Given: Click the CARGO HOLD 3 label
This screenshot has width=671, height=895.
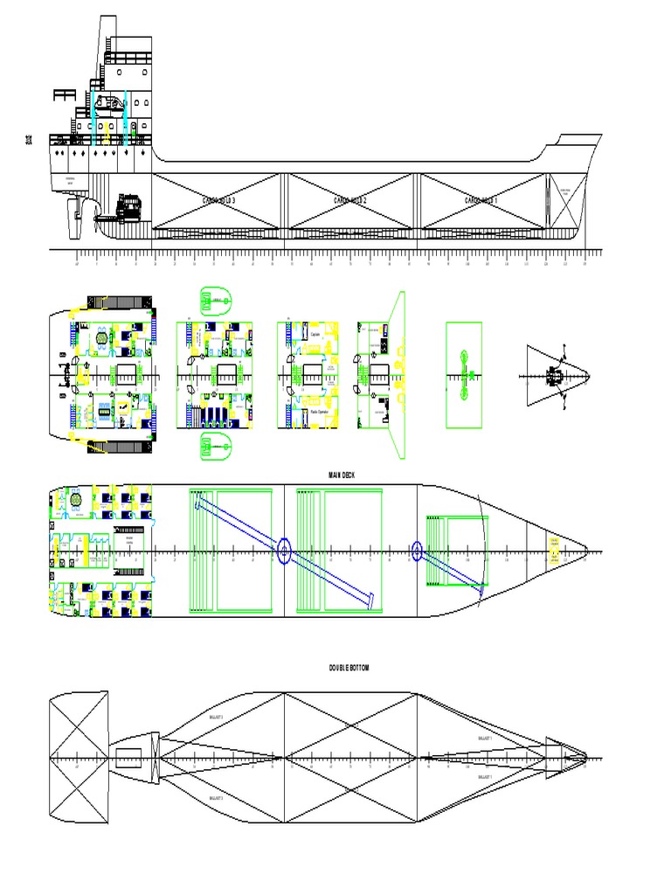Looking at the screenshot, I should point(219,201).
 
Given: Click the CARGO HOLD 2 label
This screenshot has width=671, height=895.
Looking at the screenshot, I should point(350,201).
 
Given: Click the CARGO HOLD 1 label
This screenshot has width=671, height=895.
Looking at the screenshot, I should point(481,201).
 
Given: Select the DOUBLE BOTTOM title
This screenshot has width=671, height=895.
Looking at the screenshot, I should point(349,668).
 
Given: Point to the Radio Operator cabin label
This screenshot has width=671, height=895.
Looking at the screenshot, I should point(319,411).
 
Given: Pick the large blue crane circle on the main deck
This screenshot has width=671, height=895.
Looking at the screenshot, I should point(284,551).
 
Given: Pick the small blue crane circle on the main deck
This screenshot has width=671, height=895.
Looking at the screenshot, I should point(416,551).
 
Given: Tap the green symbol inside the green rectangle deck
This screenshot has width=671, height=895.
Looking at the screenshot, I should point(464,375).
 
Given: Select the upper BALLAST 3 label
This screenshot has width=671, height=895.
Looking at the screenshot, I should point(216,716).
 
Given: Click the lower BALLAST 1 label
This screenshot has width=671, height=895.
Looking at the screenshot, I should point(485,776).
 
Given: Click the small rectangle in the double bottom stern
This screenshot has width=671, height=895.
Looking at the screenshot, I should point(128,757).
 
